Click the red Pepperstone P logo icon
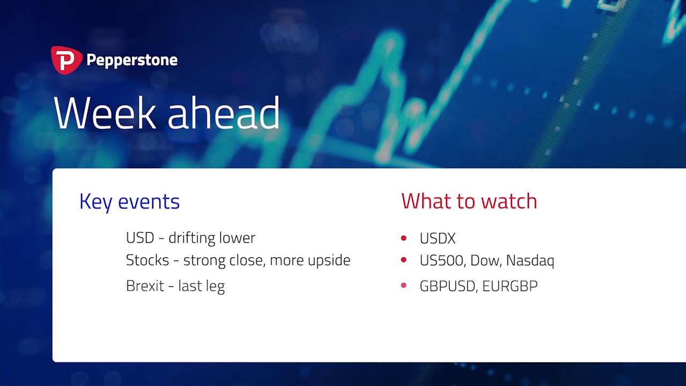pyautogui.click(x=66, y=60)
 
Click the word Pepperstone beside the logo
pyautogui.click(x=132, y=61)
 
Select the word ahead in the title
pyautogui.click(x=223, y=113)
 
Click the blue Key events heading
pyautogui.click(x=129, y=202)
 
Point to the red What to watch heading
pyautogui.click(x=469, y=201)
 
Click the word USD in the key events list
pyautogui.click(x=140, y=237)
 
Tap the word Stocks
pyautogui.click(x=147, y=260)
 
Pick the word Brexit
pyautogui.click(x=145, y=286)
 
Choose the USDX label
pyautogui.click(x=438, y=239)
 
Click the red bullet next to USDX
pyautogui.click(x=404, y=238)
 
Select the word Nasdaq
pyautogui.click(x=530, y=261)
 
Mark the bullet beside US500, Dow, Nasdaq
pyautogui.click(x=404, y=260)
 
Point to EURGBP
pyautogui.click(x=510, y=286)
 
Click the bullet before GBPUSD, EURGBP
pyautogui.click(x=404, y=286)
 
